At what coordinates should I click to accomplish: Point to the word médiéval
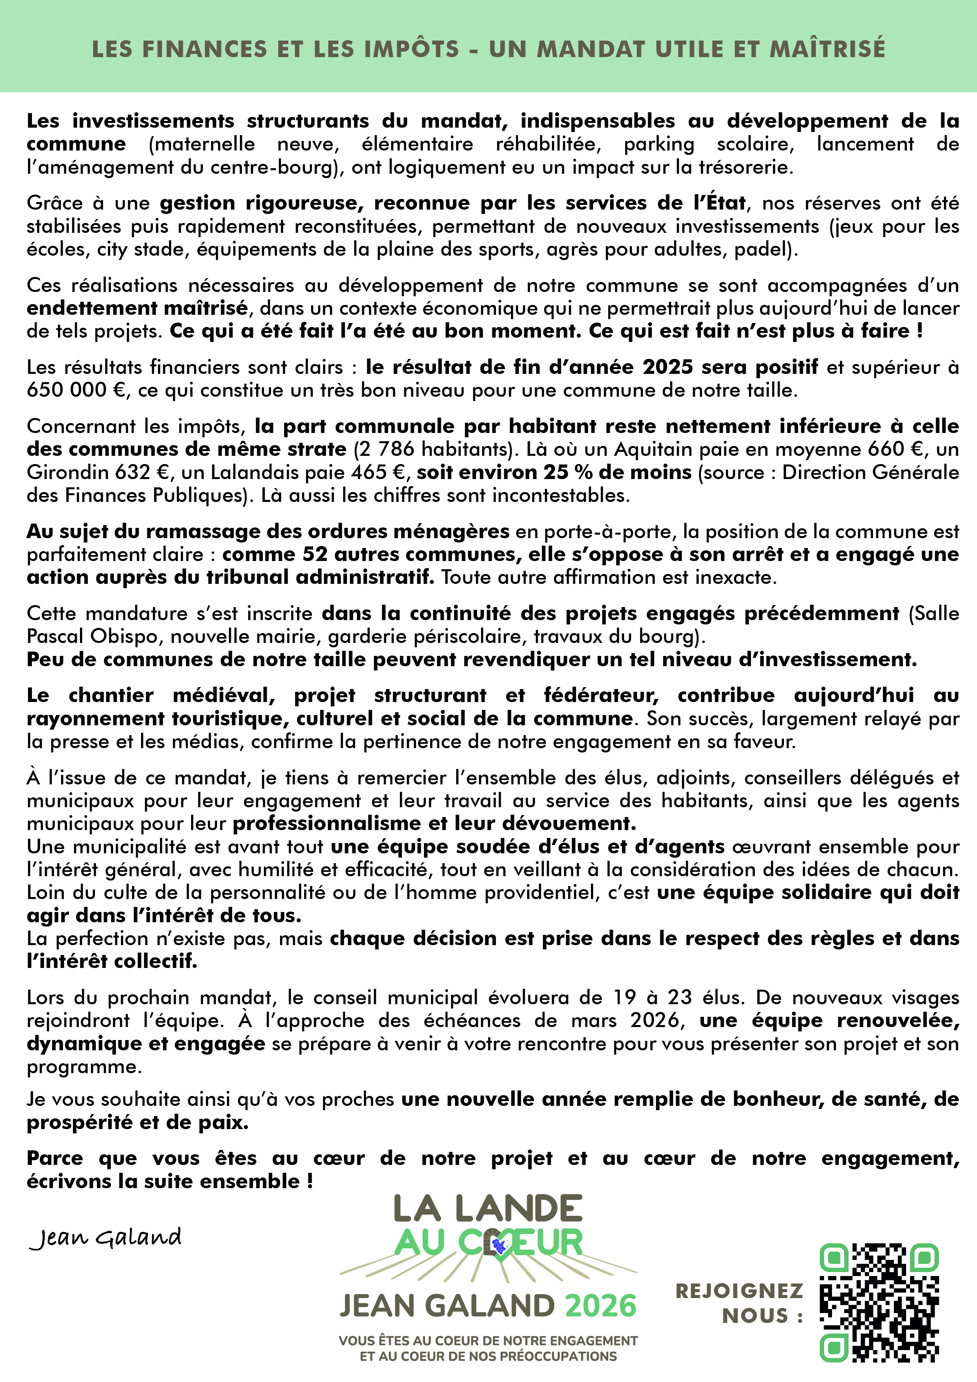tap(223, 695)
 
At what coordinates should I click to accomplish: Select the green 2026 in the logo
tap(600, 1306)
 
